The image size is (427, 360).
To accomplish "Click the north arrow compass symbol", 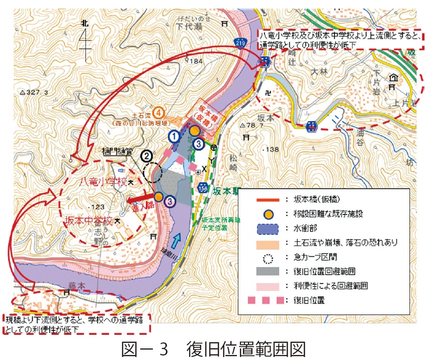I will pyautogui.click(x=85, y=38).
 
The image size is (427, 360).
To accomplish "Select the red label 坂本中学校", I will pyautogui.click(x=88, y=221).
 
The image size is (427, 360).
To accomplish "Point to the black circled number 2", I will pyautogui.click(x=146, y=156).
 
